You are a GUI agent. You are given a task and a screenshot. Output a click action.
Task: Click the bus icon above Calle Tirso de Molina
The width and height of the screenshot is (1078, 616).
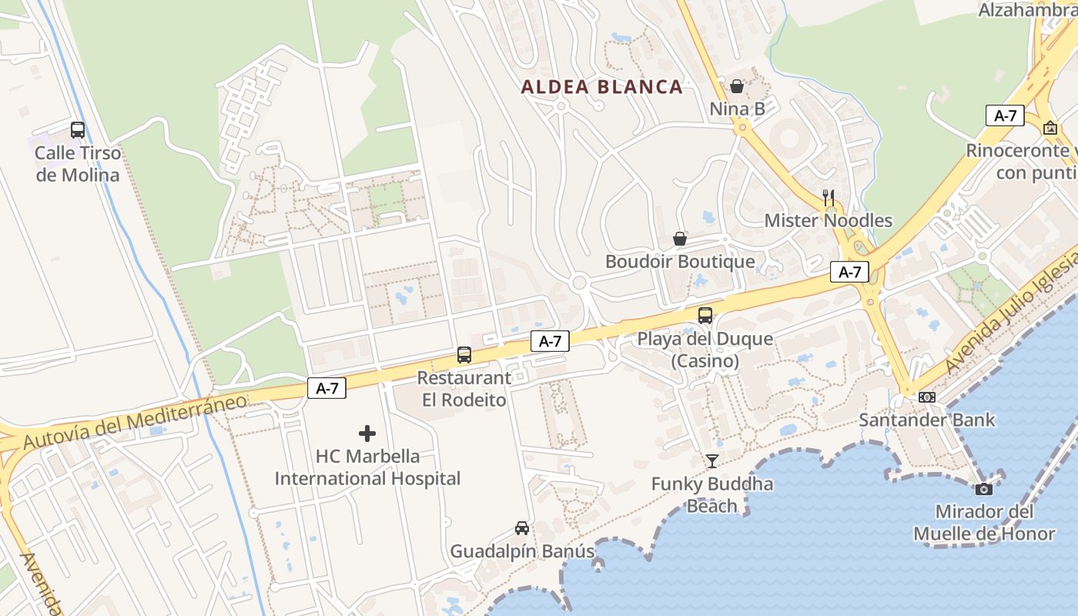(x=78, y=129)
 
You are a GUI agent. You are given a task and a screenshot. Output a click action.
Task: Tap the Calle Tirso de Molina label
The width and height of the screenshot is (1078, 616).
(x=78, y=164)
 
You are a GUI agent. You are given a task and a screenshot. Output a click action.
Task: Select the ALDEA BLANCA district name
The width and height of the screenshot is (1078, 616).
(x=602, y=87)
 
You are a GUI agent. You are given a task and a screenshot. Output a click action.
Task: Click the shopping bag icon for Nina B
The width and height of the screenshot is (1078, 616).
(x=737, y=86)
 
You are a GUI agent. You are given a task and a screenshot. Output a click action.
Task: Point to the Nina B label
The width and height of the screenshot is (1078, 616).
(x=737, y=109)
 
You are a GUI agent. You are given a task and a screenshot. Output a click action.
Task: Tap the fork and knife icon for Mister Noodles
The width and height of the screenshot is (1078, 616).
(x=829, y=198)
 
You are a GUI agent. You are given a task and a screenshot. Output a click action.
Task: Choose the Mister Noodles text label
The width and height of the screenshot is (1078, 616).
(x=828, y=221)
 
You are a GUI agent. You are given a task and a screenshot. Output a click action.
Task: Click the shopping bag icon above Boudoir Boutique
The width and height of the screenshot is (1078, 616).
(x=680, y=239)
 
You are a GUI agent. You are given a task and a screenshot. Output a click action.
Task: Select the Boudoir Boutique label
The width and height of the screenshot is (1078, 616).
(x=680, y=262)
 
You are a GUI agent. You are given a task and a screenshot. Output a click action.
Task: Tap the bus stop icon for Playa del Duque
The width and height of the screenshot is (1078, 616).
(x=705, y=315)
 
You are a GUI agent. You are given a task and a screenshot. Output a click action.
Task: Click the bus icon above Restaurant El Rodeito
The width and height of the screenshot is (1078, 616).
(x=464, y=355)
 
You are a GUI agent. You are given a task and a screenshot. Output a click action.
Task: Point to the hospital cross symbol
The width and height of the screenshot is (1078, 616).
(x=367, y=434)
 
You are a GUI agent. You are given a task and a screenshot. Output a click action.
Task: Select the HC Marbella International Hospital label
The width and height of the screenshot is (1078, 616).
(x=367, y=467)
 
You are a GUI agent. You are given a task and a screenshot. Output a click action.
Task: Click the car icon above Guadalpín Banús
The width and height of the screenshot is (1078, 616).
(x=522, y=528)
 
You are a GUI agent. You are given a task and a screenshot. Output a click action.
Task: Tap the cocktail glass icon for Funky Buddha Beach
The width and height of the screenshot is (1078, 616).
(x=712, y=460)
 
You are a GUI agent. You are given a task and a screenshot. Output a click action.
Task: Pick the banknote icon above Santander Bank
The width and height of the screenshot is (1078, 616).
(x=927, y=397)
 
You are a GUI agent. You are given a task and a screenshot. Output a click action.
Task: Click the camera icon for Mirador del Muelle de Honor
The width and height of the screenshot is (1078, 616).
(x=984, y=489)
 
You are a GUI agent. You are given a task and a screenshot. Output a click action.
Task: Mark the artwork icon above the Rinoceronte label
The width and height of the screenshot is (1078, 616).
(x=1050, y=128)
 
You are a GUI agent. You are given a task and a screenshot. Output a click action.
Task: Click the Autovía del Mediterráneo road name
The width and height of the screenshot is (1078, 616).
(x=135, y=421)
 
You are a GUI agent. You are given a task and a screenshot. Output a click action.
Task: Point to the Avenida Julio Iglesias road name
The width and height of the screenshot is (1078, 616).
(x=1013, y=316)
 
